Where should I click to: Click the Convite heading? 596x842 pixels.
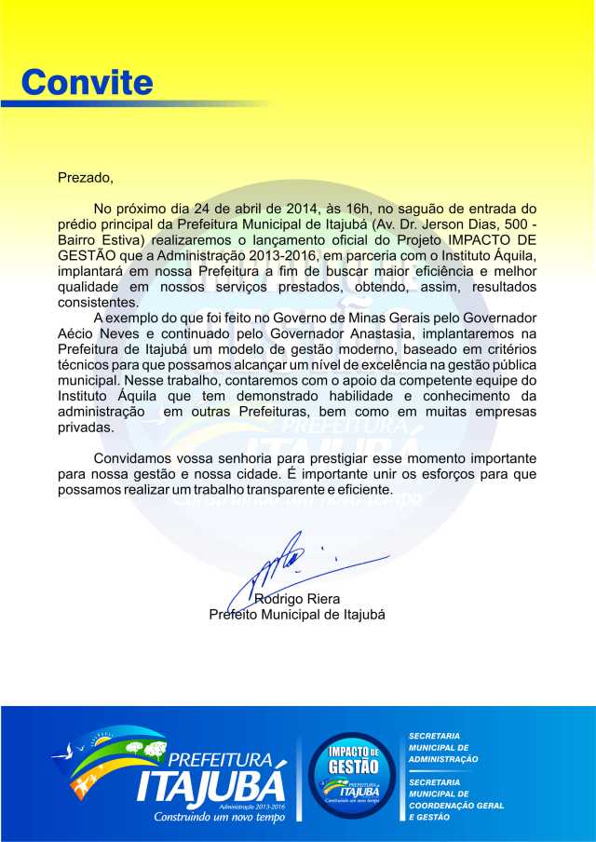[x=88, y=82]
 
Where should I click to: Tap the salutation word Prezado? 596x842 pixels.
[x=85, y=177]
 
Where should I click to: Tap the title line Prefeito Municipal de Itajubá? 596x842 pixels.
[x=297, y=615]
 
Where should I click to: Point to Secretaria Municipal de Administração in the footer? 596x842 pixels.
[x=444, y=747]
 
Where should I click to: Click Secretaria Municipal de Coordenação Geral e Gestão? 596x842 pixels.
[x=457, y=799]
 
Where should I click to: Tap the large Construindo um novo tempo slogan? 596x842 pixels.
[x=220, y=816]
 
